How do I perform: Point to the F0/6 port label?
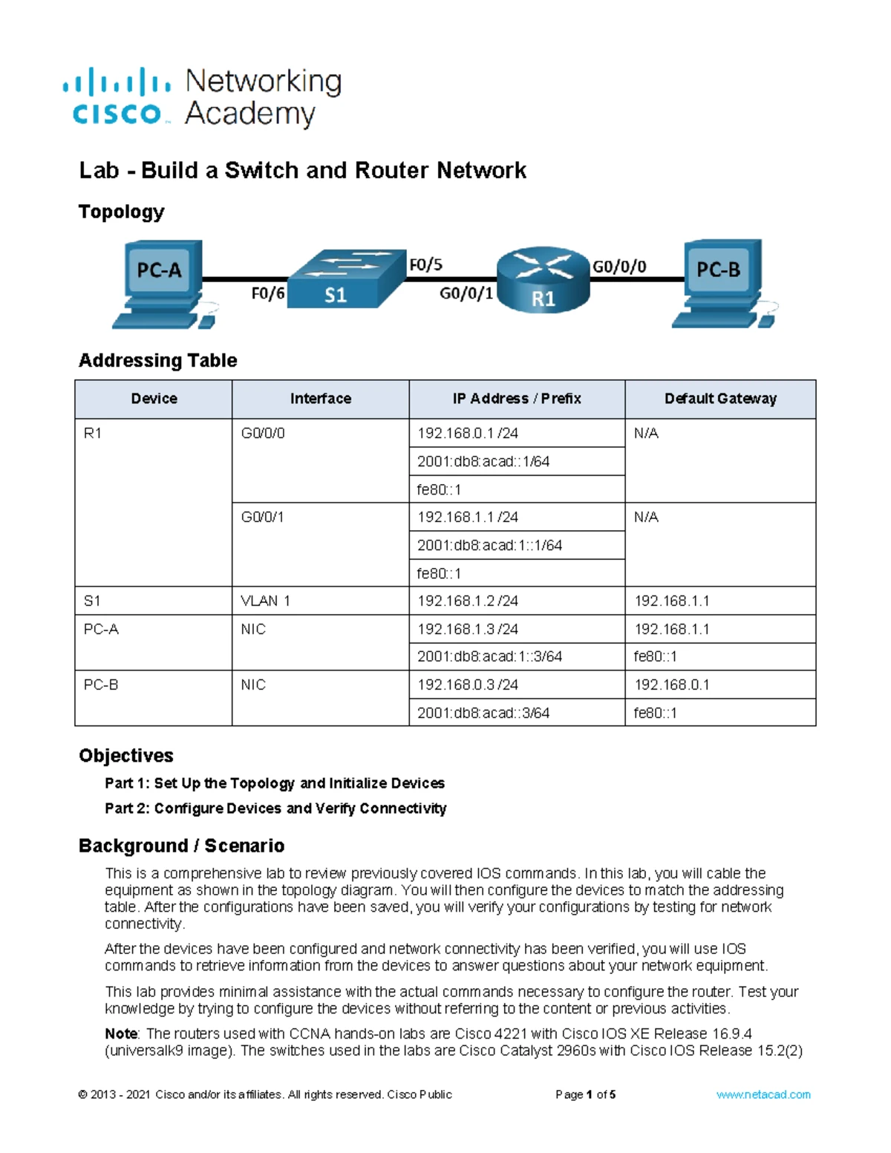click(267, 294)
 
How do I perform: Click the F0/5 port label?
click(425, 264)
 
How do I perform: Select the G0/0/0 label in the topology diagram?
click(619, 267)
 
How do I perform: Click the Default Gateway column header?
click(720, 399)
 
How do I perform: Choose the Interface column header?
click(320, 399)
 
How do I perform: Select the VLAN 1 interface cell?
click(265, 601)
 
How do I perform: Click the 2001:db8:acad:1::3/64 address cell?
click(490, 656)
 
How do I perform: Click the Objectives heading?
click(126, 755)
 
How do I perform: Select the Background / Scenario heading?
click(182, 846)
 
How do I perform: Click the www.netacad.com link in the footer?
click(763, 1094)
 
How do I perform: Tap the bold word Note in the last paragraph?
click(121, 1033)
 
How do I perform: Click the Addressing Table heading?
click(158, 360)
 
